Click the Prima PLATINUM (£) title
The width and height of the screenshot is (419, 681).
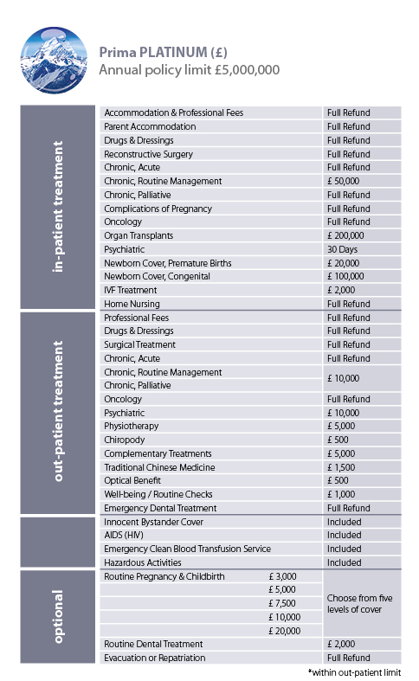(163, 52)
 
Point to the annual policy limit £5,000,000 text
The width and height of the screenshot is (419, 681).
(189, 70)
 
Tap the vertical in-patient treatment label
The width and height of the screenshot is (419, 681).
(59, 209)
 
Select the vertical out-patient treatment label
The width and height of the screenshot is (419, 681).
(59, 411)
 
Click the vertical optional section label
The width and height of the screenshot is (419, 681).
(59, 617)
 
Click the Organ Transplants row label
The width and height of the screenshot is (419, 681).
(139, 235)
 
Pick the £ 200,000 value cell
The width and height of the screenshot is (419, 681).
(346, 235)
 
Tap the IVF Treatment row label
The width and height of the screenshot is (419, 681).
(132, 290)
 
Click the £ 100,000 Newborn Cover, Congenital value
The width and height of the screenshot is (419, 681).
(346, 276)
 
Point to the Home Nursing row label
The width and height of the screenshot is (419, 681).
(132, 304)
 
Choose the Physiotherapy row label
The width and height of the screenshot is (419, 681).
(132, 426)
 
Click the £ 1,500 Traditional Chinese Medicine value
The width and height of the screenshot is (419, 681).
(344, 467)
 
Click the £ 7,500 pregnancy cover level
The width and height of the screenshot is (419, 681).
(286, 603)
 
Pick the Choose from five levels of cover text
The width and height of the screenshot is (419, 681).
(360, 603)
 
